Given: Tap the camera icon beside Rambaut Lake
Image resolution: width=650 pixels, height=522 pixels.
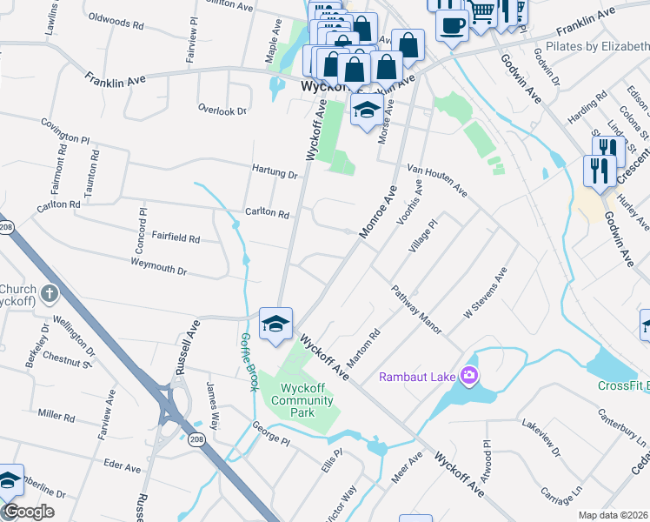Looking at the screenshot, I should click(x=470, y=376).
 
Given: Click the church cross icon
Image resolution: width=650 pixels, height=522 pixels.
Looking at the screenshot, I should click(x=49, y=293).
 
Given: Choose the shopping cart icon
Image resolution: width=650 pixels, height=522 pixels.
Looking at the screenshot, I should click(x=483, y=12).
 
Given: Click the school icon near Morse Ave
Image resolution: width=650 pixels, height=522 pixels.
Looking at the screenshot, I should click(x=367, y=110).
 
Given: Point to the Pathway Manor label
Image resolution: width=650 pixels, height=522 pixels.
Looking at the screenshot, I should click(x=416, y=311).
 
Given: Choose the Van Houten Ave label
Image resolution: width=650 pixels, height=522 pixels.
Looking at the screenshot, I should click(x=436, y=179).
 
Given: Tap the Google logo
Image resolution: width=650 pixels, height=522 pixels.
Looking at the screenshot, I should click(x=29, y=512).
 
